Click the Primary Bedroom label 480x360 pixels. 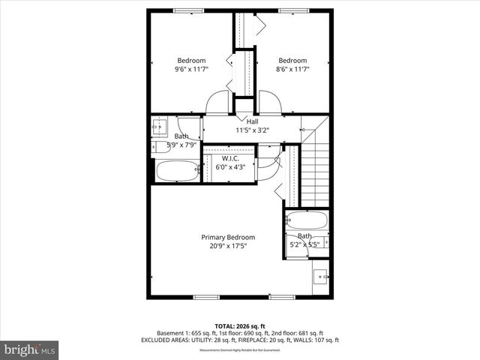click(228, 237)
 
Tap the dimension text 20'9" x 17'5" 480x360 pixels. click(228, 246)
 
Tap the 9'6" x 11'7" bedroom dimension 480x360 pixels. click(191, 69)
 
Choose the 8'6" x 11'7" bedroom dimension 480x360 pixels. click(292, 69)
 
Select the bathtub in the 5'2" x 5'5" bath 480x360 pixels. click(307, 221)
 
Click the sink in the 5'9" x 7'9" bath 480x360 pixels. click(159, 128)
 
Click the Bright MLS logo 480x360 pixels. click(30, 349)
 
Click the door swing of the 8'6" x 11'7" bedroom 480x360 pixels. click(269, 102)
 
